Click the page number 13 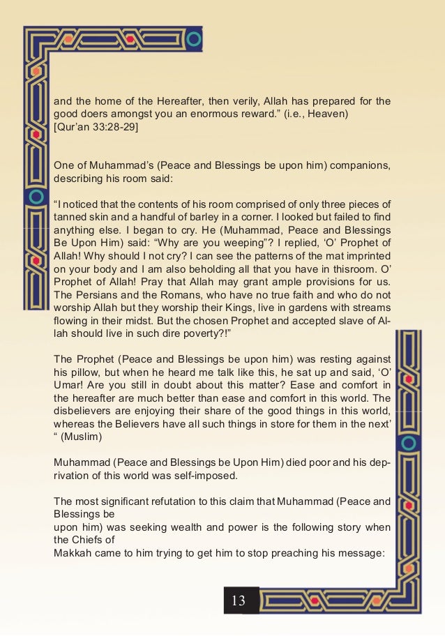coord(239,600)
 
